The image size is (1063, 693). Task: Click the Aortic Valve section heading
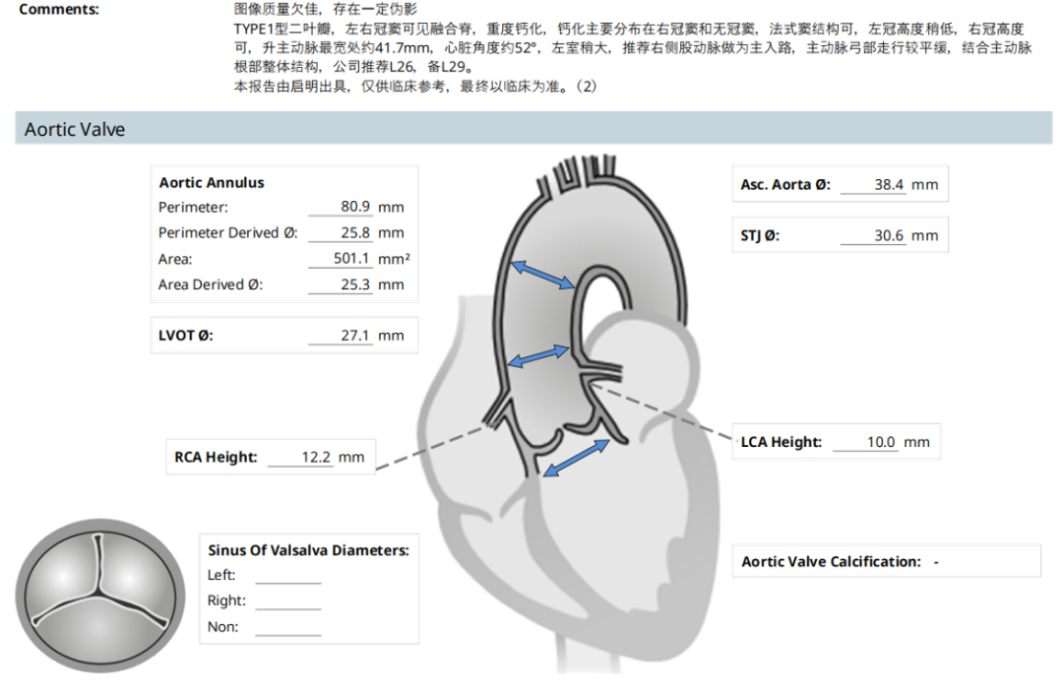coord(75,129)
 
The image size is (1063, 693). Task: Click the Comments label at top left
coord(58,10)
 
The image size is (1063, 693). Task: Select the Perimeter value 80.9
coord(355,208)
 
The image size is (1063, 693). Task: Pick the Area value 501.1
coord(352,259)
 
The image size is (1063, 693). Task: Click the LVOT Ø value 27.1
coord(355,336)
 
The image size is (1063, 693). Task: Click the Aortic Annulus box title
coord(211,183)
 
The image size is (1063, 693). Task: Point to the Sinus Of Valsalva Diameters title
coord(308,550)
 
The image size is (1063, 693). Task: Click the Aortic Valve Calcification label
coord(831,562)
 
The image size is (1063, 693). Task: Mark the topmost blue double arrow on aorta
coord(542,275)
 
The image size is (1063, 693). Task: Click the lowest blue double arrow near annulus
coord(576,459)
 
